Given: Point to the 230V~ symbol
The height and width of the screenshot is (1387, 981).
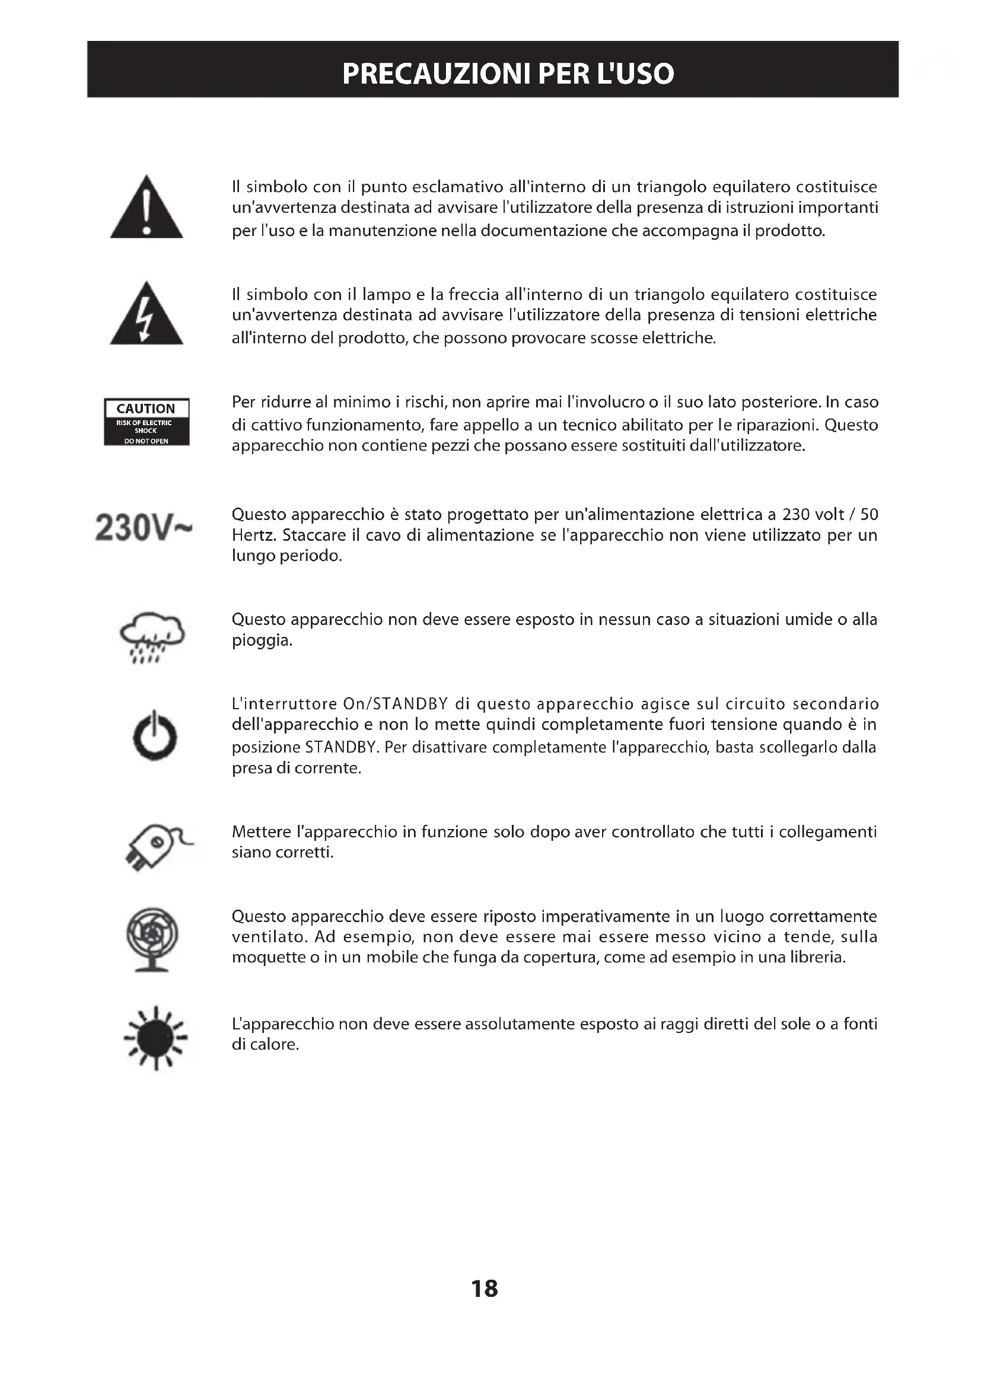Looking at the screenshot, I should (x=144, y=528).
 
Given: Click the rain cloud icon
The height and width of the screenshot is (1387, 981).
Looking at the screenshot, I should (x=152, y=637).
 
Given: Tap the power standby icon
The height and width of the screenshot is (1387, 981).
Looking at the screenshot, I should (x=155, y=735).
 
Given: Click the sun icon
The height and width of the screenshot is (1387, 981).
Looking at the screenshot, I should (x=156, y=1038).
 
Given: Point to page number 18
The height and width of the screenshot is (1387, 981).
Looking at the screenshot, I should (x=485, y=1289).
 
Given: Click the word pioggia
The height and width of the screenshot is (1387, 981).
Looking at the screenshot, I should (x=262, y=640).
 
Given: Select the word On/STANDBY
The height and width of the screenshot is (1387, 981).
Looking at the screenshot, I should (x=395, y=704).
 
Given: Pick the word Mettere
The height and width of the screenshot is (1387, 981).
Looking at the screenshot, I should (x=261, y=832).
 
